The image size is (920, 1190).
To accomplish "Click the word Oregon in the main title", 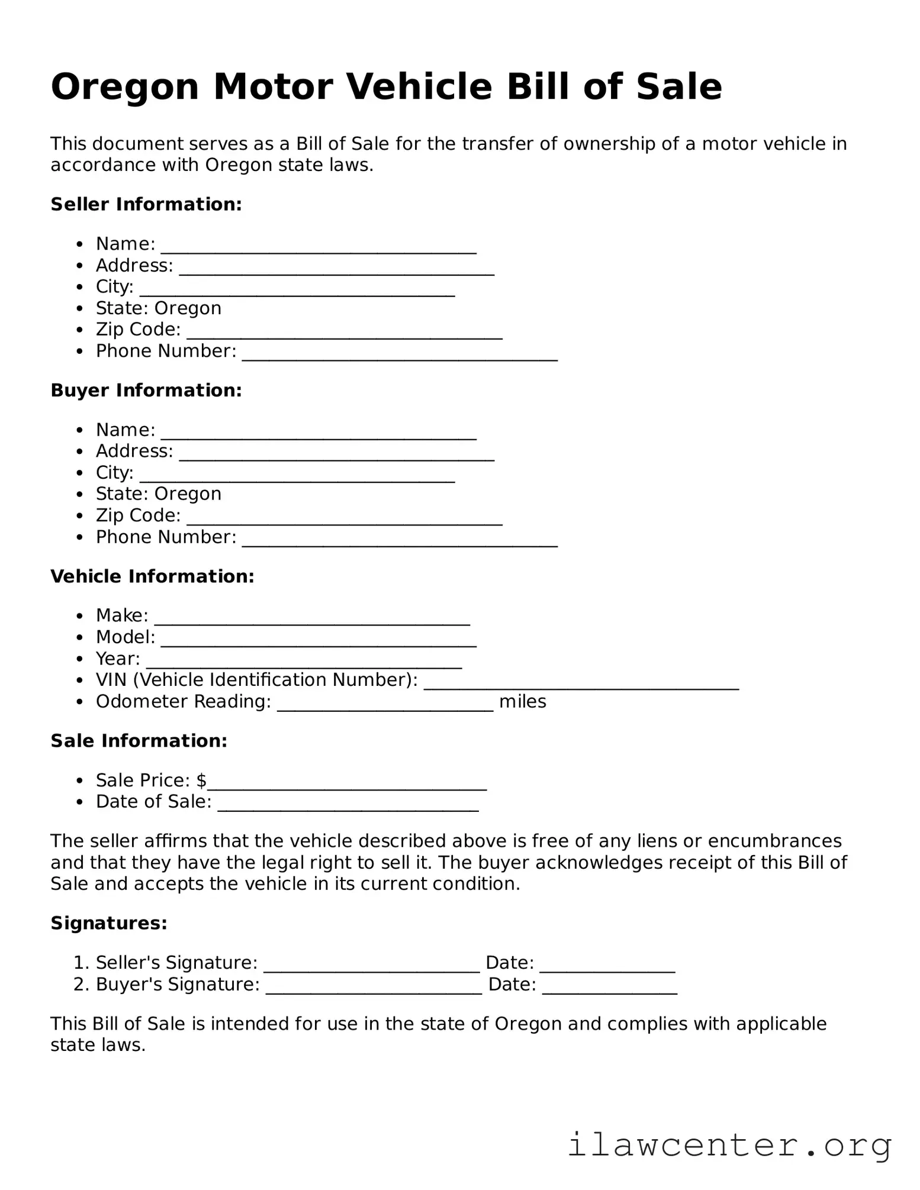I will [124, 87].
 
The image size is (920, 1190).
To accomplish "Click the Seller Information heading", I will [146, 204].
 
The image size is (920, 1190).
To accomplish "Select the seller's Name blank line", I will [319, 248].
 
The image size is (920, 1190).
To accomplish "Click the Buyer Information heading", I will [146, 390].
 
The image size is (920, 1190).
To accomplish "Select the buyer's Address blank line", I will [336, 455].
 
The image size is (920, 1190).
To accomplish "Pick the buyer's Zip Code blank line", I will [345, 520].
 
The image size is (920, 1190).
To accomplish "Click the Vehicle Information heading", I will [152, 576].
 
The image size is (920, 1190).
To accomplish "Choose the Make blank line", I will [312, 620].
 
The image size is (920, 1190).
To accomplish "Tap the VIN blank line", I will [581, 684].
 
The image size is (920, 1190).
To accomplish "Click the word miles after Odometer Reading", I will [522, 702].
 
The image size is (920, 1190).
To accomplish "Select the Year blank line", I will [304, 663].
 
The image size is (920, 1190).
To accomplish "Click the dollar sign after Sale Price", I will [202, 781].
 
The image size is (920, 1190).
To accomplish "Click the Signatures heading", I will [109, 923].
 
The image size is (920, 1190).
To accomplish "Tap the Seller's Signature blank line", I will [371, 967].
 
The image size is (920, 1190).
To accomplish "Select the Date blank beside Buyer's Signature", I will [609, 989].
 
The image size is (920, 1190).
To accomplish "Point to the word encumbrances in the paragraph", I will [774, 841].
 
